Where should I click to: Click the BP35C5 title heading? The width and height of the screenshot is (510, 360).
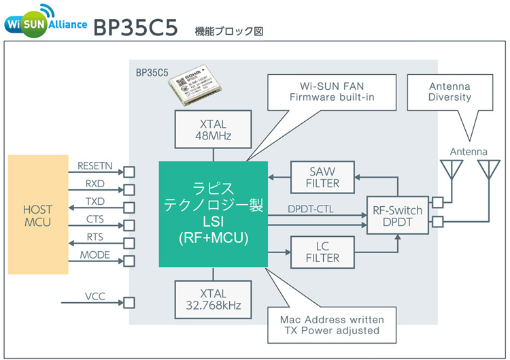click(135, 27)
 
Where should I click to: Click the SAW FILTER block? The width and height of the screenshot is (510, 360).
click(322, 176)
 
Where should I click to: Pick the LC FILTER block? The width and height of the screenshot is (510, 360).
click(322, 251)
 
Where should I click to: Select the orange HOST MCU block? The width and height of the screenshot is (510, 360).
click(38, 214)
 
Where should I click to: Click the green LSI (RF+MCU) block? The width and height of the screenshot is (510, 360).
click(213, 214)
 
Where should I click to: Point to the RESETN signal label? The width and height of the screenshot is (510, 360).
click(95, 165)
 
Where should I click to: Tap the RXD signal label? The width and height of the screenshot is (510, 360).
click(95, 183)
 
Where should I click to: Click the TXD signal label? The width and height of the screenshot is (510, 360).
click(95, 201)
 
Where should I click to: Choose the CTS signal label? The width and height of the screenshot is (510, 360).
click(95, 218)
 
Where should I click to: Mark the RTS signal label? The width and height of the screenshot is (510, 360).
click(95, 236)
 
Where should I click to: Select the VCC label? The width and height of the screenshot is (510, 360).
click(95, 297)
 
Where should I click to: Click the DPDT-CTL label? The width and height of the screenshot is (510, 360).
click(311, 208)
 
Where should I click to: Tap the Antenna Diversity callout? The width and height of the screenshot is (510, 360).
click(449, 93)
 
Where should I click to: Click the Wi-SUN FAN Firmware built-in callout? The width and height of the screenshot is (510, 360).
click(332, 93)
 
